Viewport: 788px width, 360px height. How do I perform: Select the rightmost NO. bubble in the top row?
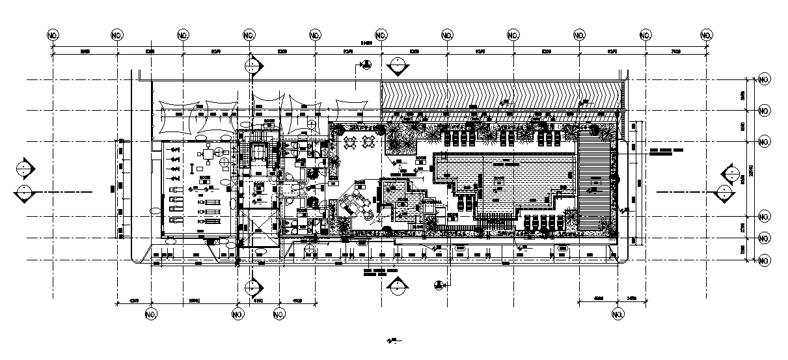[x=707, y=35]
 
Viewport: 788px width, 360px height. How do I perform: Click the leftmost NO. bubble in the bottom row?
[x=151, y=315]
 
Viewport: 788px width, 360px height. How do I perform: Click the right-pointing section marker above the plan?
[x=252, y=66]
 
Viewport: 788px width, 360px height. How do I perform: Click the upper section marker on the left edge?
[x=25, y=167]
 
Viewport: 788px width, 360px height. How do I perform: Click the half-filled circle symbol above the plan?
[x=366, y=64]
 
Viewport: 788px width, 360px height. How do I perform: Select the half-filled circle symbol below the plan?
[x=439, y=284]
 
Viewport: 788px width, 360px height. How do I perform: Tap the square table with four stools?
[x=208, y=154]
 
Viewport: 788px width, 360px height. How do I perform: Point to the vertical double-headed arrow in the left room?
[x=192, y=168]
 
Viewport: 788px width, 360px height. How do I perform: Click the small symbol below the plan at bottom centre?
[x=392, y=340]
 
